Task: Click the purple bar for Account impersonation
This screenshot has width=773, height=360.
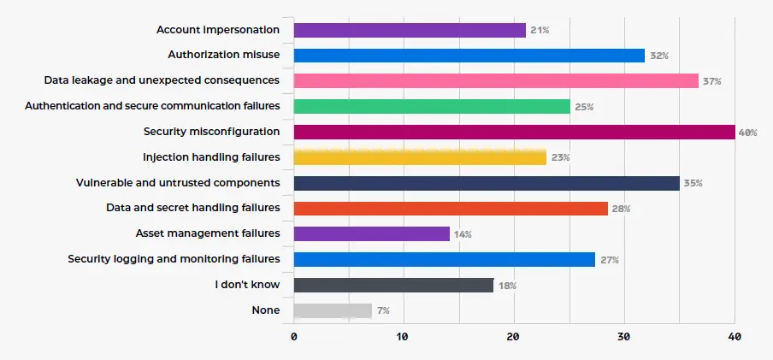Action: click(410, 30)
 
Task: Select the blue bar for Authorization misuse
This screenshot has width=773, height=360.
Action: click(469, 56)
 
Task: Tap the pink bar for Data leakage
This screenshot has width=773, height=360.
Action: click(496, 81)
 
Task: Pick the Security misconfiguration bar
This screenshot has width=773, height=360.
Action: click(514, 132)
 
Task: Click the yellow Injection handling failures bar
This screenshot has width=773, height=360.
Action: click(420, 157)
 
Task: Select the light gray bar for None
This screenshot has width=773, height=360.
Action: click(333, 310)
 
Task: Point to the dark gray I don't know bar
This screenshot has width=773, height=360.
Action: click(393, 285)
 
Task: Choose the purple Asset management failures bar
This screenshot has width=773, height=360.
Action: click(371, 233)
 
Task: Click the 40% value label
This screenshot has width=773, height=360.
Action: click(747, 133)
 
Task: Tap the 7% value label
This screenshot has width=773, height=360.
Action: click(383, 311)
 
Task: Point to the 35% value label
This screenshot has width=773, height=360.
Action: click(692, 183)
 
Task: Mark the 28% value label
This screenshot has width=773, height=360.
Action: click(620, 209)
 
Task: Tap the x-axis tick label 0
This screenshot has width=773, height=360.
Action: click(294, 337)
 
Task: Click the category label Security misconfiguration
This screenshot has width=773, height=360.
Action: click(211, 132)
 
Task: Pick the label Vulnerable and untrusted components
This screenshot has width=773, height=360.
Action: click(177, 183)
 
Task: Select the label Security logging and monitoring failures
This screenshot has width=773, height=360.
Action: click(174, 259)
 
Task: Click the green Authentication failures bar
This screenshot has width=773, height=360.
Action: click(432, 107)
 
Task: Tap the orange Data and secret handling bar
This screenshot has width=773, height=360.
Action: click(451, 209)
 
